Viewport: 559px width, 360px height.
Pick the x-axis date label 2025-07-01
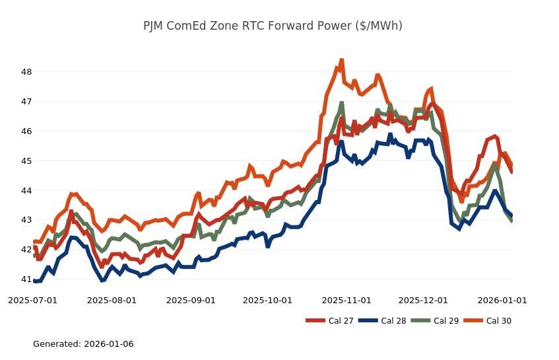(32, 301)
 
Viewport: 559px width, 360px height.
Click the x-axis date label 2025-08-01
(112, 301)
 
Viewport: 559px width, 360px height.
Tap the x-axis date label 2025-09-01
(191, 301)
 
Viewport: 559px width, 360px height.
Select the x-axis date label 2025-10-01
(267, 301)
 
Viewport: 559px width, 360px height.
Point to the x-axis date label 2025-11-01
(346, 301)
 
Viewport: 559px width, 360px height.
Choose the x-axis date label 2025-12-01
(423, 301)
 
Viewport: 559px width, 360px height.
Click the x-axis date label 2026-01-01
(502, 301)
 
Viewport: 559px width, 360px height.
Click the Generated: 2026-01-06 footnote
(83, 344)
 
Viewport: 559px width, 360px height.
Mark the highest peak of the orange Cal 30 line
(341, 60)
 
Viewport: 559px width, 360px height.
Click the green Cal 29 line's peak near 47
(341, 104)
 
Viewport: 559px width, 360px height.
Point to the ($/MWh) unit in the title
(379, 26)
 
